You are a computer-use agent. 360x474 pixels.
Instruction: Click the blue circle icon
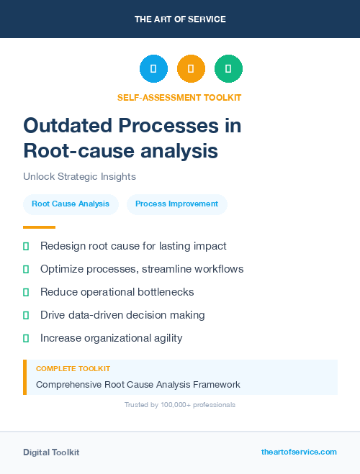(153, 69)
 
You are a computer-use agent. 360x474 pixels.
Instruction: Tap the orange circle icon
(191, 69)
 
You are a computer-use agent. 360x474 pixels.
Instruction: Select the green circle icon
(228, 69)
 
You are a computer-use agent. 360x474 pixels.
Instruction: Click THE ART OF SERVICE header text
(180, 19)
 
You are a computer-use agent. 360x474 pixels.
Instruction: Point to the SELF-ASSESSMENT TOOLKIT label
(179, 97)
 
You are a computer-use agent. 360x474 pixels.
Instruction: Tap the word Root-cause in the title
(73, 151)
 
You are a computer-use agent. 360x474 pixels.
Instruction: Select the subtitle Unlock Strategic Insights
(79, 176)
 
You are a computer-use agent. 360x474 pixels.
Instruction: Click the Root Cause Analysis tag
(71, 204)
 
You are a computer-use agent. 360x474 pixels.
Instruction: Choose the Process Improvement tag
(176, 204)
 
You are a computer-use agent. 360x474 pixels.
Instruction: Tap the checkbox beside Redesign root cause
(26, 246)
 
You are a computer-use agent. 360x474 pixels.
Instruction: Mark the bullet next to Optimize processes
(26, 269)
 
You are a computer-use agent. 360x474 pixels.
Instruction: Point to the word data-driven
(94, 315)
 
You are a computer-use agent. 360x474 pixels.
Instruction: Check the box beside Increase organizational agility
(26, 338)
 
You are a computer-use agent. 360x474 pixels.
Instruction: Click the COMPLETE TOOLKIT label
(73, 368)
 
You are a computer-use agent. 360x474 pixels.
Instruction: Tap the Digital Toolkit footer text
(51, 452)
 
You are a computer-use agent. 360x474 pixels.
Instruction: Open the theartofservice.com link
(299, 452)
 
